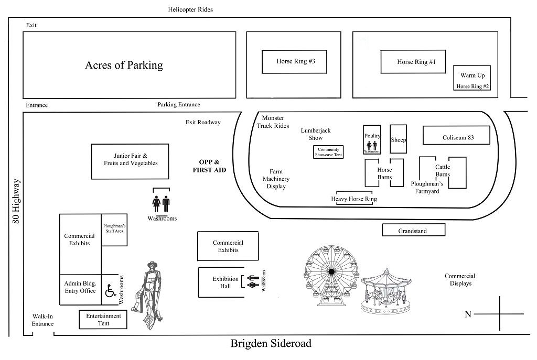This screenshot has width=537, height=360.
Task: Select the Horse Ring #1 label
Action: click(416, 62)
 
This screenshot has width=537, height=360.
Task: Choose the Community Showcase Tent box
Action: click(328, 152)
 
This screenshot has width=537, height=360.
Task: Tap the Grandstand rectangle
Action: click(413, 230)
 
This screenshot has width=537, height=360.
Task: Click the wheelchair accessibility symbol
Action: click(111, 290)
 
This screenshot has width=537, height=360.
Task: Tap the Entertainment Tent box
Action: click(103, 320)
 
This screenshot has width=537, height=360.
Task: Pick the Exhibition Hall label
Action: click(225, 282)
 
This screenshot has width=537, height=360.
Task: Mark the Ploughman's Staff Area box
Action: click(114, 232)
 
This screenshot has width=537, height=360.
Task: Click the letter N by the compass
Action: click(468, 314)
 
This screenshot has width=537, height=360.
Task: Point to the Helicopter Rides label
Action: click(190, 9)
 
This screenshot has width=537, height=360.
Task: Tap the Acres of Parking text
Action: click(124, 66)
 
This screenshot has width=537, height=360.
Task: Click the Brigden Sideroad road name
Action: click(271, 344)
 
